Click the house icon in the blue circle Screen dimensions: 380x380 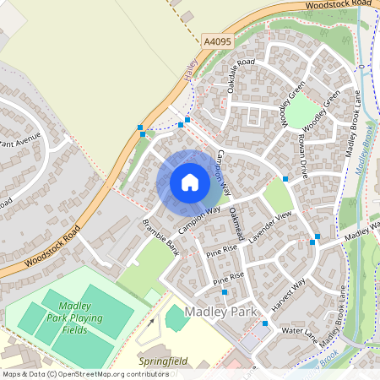pos(189,182)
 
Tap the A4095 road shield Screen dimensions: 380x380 pos(218,40)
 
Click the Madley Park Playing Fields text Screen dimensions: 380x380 pos(75,318)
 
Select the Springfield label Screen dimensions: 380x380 pos(164,361)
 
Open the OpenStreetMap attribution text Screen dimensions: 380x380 pos(73,373)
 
